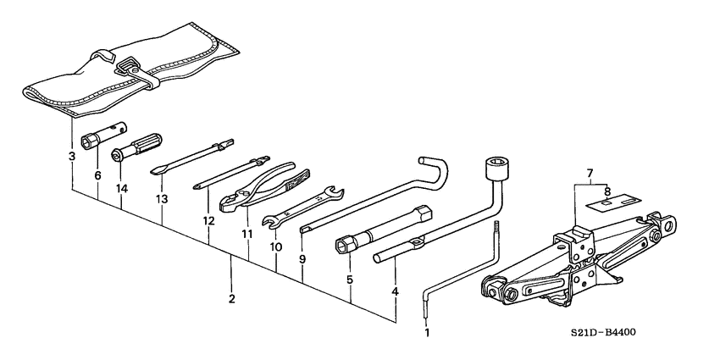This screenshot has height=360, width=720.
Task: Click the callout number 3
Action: (x=72, y=157)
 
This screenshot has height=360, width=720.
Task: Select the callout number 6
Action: (x=97, y=175)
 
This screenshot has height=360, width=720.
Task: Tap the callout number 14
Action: (x=122, y=189)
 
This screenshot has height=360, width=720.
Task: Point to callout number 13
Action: (x=162, y=199)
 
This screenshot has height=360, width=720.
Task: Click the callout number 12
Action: (x=208, y=220)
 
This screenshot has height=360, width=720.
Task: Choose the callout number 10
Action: (x=277, y=246)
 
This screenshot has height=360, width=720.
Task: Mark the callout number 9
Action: (x=302, y=259)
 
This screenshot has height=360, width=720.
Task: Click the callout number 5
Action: (x=350, y=279)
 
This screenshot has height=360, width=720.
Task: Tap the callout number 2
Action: (x=231, y=299)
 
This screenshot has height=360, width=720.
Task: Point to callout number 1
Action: (x=427, y=333)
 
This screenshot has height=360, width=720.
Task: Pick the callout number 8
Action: (x=606, y=192)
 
